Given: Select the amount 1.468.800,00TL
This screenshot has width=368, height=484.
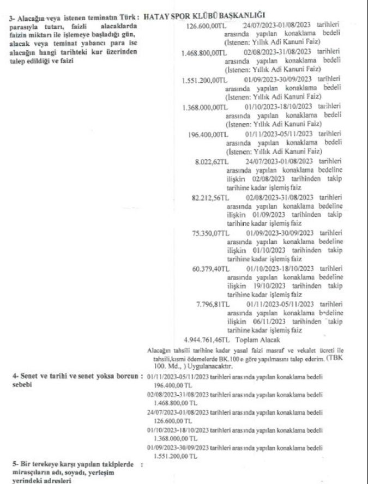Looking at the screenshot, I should pyautogui.click(x=204, y=53).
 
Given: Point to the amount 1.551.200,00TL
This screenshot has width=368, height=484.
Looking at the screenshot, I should pyautogui.click(x=204, y=80).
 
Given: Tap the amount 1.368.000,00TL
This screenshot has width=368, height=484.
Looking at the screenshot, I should pyautogui.click(x=204, y=107).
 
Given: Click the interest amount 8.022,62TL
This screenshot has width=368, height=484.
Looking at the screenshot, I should pyautogui.click(x=211, y=161).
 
